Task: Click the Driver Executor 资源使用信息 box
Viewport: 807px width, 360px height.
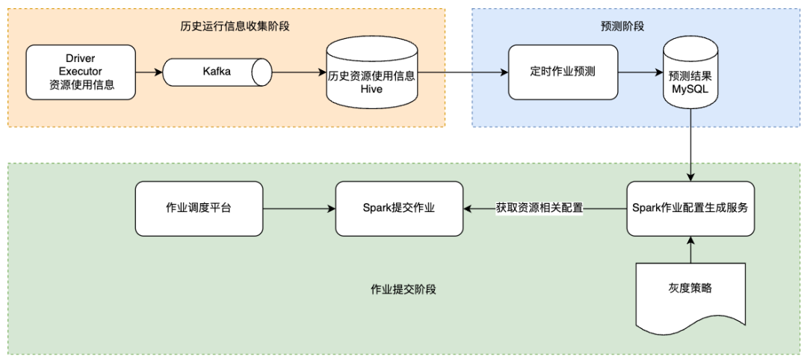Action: tap(81, 72)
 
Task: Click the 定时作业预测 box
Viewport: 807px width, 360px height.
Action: tap(563, 72)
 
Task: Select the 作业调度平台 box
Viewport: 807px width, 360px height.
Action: tap(199, 208)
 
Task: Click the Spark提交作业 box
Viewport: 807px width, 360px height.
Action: tap(399, 208)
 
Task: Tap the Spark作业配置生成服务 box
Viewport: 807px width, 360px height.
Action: tap(690, 208)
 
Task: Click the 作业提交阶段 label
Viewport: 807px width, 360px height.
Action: tap(403, 289)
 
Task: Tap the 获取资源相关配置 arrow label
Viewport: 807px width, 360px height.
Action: tap(539, 208)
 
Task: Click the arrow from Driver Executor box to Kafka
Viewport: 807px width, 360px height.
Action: tap(149, 72)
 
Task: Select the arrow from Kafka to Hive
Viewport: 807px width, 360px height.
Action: tap(299, 72)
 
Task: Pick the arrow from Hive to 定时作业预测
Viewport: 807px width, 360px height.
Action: tap(463, 72)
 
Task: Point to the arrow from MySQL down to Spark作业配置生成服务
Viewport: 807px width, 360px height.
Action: tap(690, 142)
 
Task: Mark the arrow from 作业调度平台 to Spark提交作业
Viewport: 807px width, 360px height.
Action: tap(299, 208)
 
